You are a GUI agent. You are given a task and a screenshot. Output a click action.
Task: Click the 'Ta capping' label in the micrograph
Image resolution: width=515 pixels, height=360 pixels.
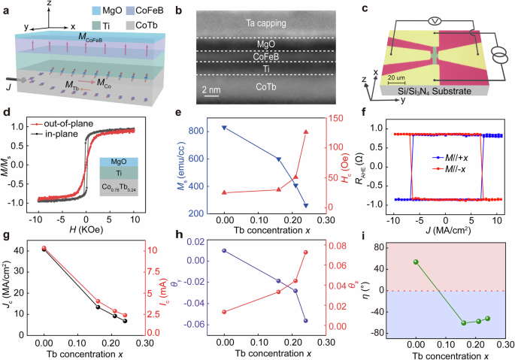click(266, 23)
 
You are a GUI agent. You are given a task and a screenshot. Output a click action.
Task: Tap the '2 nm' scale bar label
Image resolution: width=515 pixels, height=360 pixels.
click(211, 89)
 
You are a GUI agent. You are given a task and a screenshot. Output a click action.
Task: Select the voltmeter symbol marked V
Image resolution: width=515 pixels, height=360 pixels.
click(435, 21)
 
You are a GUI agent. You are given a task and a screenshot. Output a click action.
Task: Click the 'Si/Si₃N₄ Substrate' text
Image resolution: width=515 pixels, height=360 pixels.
click(435, 91)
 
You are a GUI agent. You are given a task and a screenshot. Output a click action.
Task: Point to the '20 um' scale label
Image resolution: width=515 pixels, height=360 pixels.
click(396, 78)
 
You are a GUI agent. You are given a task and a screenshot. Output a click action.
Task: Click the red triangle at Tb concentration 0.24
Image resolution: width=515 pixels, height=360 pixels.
click(306, 132)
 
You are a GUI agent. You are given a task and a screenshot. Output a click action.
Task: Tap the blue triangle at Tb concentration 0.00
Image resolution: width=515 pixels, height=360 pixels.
click(224, 128)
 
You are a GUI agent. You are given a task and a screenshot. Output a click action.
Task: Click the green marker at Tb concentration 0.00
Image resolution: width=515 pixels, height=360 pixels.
click(416, 262)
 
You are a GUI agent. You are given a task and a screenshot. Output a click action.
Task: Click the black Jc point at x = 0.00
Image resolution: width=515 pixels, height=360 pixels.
click(44, 250)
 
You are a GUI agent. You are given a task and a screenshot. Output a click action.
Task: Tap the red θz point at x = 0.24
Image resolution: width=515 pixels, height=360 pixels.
click(305, 253)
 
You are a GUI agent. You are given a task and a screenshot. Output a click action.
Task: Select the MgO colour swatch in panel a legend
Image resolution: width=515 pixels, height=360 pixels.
click(96, 11)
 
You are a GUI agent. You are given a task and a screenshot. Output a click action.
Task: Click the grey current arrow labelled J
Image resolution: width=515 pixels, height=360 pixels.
click(16, 80)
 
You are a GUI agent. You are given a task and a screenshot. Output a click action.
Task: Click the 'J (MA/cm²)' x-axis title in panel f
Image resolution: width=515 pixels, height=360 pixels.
click(448, 230)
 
